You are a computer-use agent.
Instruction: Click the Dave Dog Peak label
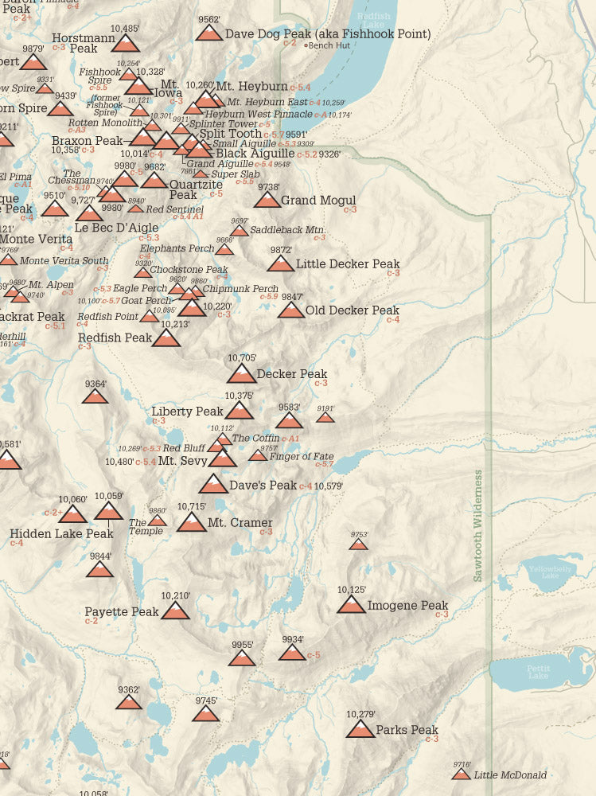pos(328,34)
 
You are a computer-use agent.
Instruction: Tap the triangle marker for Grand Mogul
pos(267,200)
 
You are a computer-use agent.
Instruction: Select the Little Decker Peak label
pos(347,264)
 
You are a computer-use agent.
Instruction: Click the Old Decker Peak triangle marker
pos(291,310)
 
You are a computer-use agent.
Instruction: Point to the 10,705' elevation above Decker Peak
pos(242,358)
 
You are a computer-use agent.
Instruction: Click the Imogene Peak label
pos(407,606)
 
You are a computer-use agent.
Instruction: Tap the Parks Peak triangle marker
pos(360,729)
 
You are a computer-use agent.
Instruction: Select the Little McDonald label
pos(510,775)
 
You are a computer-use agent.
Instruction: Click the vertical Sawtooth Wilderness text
pos(478,525)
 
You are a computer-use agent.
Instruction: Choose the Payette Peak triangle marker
pos(175,611)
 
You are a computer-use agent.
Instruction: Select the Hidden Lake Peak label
pos(61,533)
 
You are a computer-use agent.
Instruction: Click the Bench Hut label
pos(329,45)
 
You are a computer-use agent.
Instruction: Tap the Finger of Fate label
pos(301,456)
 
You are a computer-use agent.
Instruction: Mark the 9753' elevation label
pos(360,535)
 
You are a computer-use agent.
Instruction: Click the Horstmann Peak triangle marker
pos(125,43)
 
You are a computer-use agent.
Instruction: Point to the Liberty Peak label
pos(187,412)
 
